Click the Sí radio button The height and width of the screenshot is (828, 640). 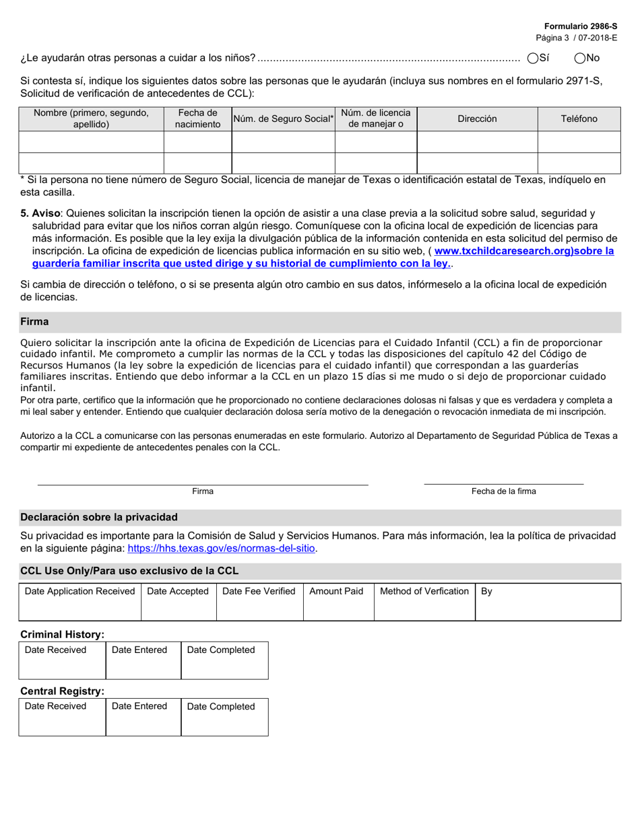[533, 59]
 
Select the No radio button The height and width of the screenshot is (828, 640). [580, 59]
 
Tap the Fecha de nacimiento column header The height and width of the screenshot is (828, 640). [197, 118]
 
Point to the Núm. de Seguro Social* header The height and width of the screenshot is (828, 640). [283, 118]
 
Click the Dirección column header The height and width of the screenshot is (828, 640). [477, 118]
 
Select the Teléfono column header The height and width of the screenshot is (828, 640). [579, 118]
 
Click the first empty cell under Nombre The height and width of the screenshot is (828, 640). [92, 142]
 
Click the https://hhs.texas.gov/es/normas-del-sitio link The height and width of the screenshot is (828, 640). [221, 549]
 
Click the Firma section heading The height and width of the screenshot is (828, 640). [34, 322]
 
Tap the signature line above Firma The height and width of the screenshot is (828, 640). [202, 483]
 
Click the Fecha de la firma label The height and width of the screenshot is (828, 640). [503, 491]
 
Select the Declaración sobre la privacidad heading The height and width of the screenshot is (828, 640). [99, 517]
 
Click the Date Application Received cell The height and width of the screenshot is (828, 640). [79, 592]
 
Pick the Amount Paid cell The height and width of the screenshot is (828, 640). [336, 592]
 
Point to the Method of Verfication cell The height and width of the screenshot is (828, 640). [424, 592]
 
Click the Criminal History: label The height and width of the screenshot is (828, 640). [63, 634]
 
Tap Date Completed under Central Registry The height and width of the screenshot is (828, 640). [221, 707]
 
